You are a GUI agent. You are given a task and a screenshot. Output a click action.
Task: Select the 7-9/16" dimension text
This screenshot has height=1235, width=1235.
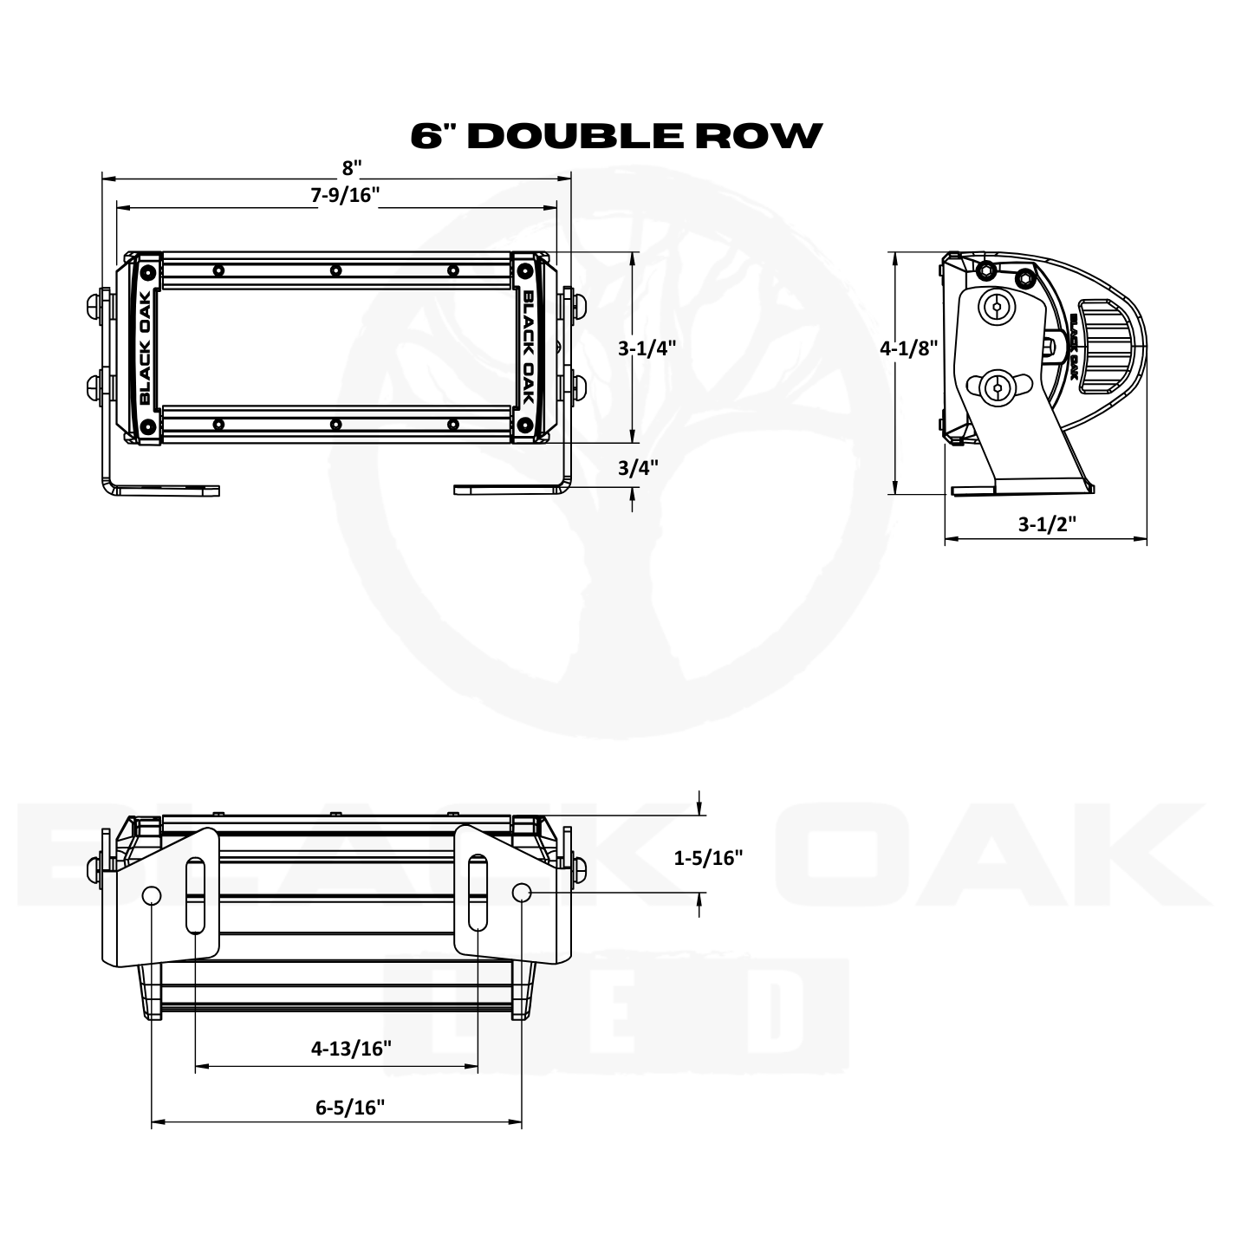pos(347,195)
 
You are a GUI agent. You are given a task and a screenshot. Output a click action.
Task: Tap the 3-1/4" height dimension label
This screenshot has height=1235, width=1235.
pos(647,348)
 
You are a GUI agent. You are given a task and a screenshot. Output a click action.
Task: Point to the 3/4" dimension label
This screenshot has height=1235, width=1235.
pos(638,467)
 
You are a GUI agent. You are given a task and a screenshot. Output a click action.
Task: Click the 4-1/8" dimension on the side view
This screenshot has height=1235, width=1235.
pos(909,348)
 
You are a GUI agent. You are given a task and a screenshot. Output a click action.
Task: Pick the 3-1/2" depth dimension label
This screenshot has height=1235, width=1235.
pos(1046,523)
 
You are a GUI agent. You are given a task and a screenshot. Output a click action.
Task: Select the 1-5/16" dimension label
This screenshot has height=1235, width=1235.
pos(709,858)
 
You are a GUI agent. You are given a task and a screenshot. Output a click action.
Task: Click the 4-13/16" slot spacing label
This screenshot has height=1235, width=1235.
pos(351,1049)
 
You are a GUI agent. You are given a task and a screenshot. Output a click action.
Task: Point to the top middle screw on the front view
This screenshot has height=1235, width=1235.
pos(335,271)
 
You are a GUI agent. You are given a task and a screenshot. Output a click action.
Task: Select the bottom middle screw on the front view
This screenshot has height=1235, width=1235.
pos(335,425)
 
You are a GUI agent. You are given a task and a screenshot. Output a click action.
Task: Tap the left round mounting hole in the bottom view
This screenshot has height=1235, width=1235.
pos(152,894)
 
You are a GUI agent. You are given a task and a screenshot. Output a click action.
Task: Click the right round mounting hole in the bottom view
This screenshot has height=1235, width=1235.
pos(522,892)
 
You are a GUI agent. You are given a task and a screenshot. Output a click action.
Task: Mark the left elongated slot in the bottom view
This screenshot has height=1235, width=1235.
pos(197,894)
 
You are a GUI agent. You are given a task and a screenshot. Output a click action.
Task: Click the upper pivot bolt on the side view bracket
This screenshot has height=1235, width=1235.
pos(998,307)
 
